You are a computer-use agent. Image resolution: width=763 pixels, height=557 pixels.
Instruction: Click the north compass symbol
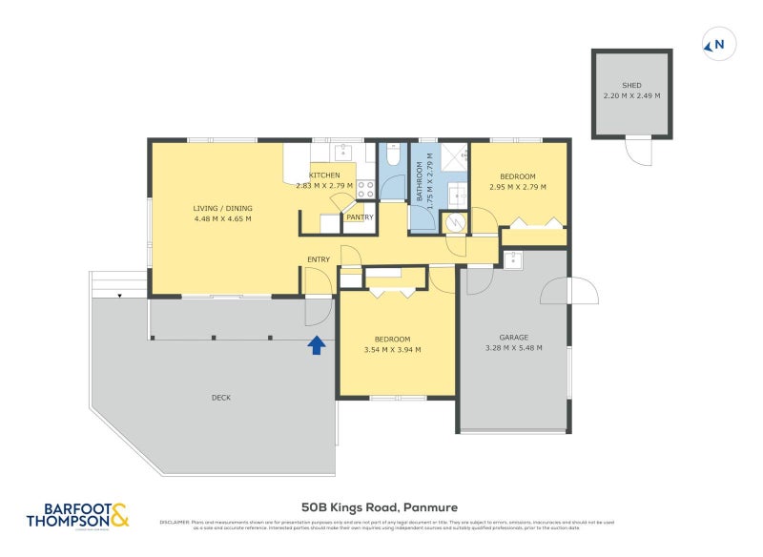(x=718, y=43)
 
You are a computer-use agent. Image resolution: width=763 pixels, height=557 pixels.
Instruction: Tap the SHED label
(x=632, y=85)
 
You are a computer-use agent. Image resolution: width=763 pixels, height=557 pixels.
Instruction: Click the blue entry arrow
(x=317, y=344)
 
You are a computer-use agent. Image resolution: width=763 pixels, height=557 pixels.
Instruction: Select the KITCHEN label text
(x=324, y=175)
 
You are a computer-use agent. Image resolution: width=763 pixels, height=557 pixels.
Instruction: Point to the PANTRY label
(x=360, y=217)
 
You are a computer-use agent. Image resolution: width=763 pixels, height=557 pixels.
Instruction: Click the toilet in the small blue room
(x=392, y=155)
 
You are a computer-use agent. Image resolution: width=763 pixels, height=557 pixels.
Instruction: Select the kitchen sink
(x=343, y=153)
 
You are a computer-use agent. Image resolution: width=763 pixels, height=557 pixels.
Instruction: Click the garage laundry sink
(x=513, y=258)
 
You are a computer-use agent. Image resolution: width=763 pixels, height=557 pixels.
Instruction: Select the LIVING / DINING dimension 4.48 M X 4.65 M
(x=222, y=218)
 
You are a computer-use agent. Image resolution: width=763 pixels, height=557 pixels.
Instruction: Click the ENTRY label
(x=319, y=259)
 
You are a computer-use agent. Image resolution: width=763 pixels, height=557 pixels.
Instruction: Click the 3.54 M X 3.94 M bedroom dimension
(x=392, y=350)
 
